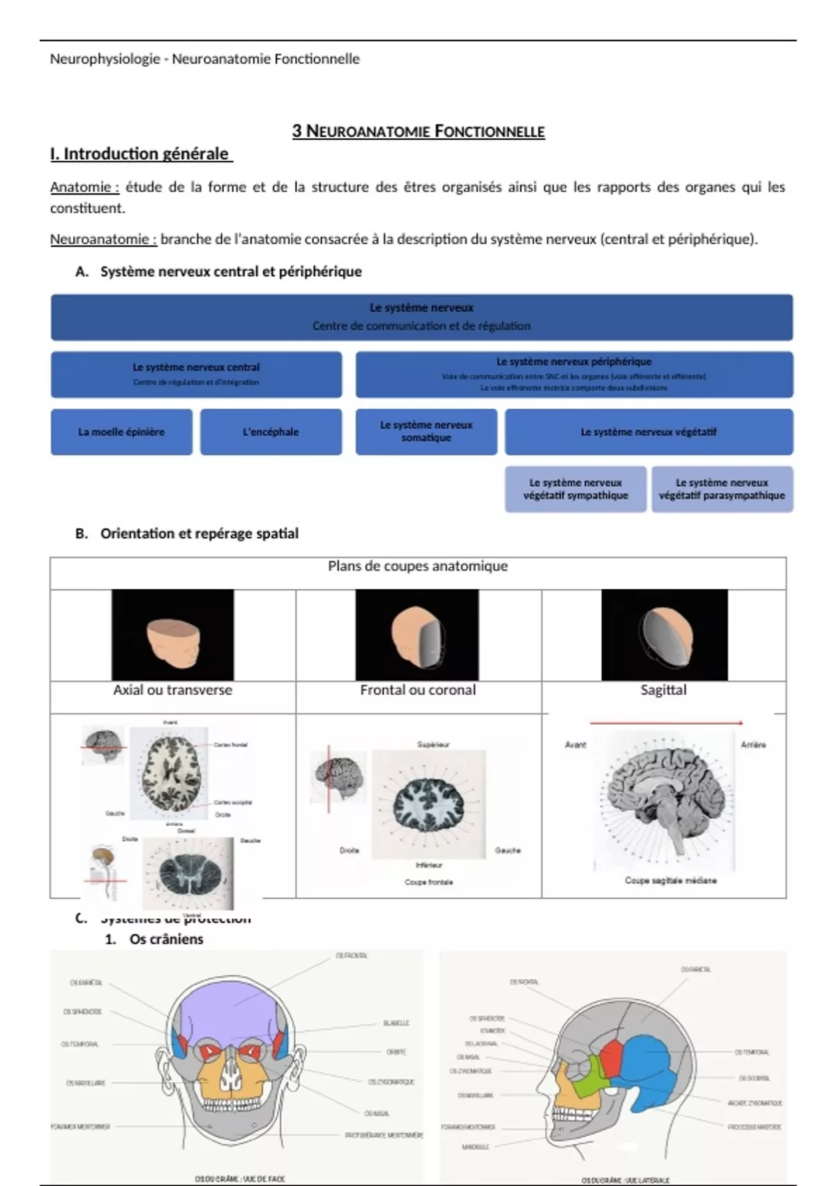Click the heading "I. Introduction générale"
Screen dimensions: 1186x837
[x=139, y=154]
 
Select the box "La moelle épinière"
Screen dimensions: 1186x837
[x=121, y=432]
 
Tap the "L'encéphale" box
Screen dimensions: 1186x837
[x=271, y=432]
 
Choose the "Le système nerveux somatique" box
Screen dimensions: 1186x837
[x=426, y=431]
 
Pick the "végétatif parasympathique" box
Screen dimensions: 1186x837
[x=722, y=489]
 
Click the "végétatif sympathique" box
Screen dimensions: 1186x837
[x=575, y=489]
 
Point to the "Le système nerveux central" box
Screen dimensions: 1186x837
[x=196, y=374]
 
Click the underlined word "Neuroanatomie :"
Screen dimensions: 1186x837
[x=103, y=239]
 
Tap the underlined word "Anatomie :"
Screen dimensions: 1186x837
[x=84, y=187]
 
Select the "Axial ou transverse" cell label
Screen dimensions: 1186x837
[x=173, y=690]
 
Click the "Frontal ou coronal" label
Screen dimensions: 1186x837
[x=418, y=690]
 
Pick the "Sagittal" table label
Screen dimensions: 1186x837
[x=663, y=690]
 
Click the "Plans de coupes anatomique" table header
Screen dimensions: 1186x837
[x=418, y=566]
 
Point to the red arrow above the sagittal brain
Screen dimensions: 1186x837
[x=666, y=723]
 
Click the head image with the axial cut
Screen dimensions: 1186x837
[x=173, y=635]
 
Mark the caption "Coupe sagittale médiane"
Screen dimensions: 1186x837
[x=670, y=880]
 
